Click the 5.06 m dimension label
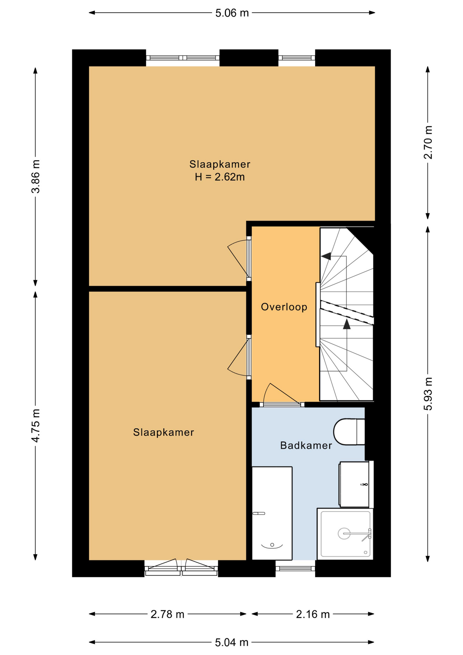232,13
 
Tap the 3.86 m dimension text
36,176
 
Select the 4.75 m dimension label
36,425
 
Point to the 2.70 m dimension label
428,142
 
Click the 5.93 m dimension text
428,394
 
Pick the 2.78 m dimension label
167,614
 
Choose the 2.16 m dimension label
313,614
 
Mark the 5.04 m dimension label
231,643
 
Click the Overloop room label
284,307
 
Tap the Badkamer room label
306,445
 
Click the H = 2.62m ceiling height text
220,177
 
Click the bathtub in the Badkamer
272,513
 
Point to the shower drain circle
344,533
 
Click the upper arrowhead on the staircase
326,256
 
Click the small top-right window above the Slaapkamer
297,58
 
